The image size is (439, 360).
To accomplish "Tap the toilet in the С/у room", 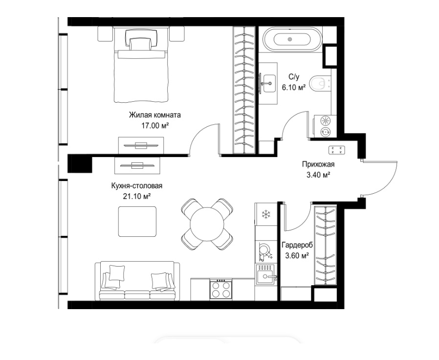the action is click(320, 83).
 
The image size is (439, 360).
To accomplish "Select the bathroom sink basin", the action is click(269, 83).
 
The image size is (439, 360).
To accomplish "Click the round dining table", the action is click(207, 224).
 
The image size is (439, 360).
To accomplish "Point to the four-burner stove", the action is click(221, 289).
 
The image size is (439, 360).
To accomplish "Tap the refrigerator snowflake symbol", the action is click(265, 215).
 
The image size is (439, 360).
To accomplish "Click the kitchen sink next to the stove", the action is click(265, 274).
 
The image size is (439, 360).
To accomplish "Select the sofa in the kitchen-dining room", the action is click(137, 281).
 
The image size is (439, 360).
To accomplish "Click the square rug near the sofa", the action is click(137, 222).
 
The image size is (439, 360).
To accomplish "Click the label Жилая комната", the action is click(155, 115).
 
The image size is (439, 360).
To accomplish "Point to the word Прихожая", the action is click(318, 164).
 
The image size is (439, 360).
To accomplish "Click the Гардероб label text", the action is click(297, 245).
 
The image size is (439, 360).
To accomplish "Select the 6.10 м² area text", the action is click(294, 88).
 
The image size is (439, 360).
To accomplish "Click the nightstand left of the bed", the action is click(105, 34).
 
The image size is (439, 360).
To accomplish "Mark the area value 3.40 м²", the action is click(318, 176).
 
